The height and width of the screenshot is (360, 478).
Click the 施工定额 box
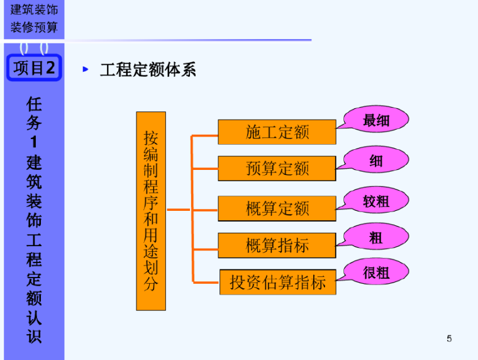(x=277, y=132)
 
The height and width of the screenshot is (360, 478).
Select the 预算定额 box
(x=277, y=168)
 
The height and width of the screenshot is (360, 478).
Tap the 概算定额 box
(x=277, y=208)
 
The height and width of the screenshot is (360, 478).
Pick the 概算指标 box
(x=277, y=245)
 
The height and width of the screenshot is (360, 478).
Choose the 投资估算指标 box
(x=277, y=282)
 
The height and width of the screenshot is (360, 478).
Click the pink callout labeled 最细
(x=376, y=120)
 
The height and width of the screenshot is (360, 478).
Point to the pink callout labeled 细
(x=376, y=160)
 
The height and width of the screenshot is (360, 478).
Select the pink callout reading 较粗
(x=376, y=201)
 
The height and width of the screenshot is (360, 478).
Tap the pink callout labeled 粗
(x=376, y=237)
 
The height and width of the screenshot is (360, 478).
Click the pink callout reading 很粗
(x=376, y=272)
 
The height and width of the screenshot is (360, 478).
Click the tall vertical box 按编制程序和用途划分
(x=151, y=211)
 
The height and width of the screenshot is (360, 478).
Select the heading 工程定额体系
(x=148, y=70)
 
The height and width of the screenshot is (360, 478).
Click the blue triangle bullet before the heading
(x=86, y=69)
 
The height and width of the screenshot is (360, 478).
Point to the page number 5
(x=449, y=339)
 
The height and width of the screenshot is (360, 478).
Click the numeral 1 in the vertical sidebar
(x=34, y=142)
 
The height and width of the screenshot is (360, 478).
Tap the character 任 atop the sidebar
(x=34, y=104)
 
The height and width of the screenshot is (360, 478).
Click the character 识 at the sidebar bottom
(x=34, y=335)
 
